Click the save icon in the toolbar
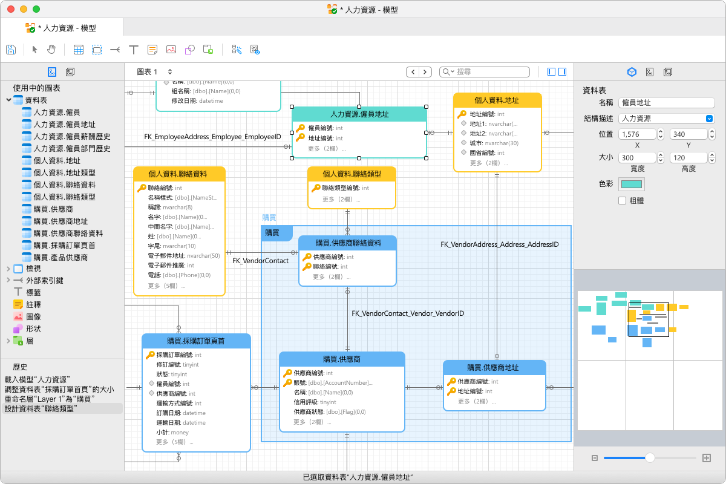tap(11, 50)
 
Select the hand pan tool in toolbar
tap(51, 50)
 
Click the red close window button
tap(11, 9)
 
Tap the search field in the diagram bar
tap(485, 71)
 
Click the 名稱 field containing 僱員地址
tap(666, 103)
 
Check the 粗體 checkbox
tap(622, 201)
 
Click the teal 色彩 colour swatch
tap(632, 184)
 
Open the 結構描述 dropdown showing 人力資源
tap(666, 119)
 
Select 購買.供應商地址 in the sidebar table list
tap(60, 221)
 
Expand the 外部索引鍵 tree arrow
tap(8, 280)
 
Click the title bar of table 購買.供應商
tap(342, 359)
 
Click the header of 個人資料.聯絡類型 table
tap(352, 174)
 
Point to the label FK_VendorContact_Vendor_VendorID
tap(408, 313)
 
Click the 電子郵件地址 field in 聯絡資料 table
tap(184, 256)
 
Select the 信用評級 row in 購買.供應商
tap(315, 402)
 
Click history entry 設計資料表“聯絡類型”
tap(41, 409)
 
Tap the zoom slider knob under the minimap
tap(650, 458)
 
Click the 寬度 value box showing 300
tap(637, 158)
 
